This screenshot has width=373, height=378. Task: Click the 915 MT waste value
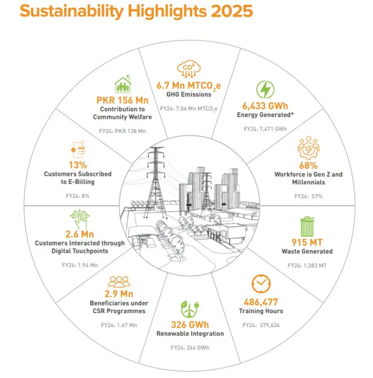click(307, 243)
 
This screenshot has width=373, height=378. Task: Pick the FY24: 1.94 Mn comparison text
click(80, 265)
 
